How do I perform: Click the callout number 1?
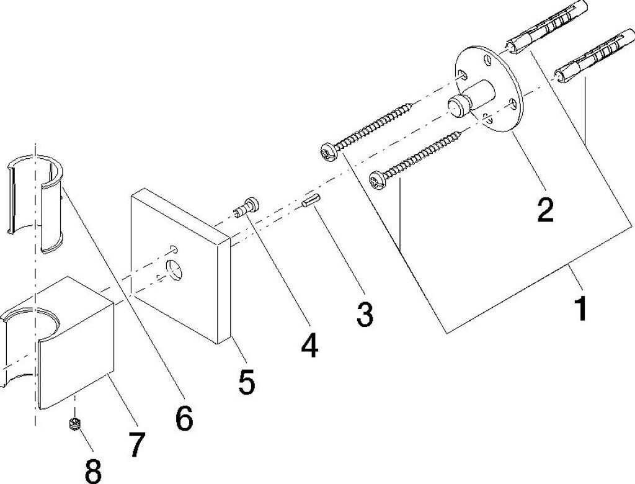coord(580,308)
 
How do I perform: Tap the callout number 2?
coord(544,210)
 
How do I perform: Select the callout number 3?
coord(365,315)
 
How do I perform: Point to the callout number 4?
coord(308,344)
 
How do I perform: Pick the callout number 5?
coord(246,382)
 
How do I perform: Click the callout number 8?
coord(93,470)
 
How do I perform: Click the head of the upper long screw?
coord(327,151)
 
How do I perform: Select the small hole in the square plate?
coord(174,249)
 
